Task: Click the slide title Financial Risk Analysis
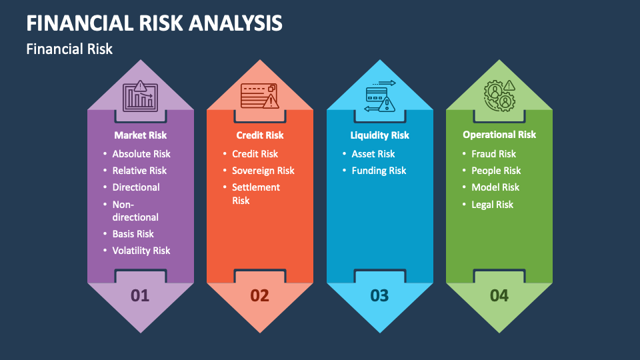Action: pyautogui.click(x=154, y=23)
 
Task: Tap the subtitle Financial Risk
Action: pyautogui.click(x=69, y=49)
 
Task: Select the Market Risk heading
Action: pyautogui.click(x=140, y=135)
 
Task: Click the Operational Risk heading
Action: pyautogui.click(x=499, y=135)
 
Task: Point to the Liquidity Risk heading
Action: pyautogui.click(x=379, y=135)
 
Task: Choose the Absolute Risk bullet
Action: pyautogui.click(x=141, y=154)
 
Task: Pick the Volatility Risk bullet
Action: pyautogui.click(x=141, y=251)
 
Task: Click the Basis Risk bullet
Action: pyautogui.click(x=133, y=234)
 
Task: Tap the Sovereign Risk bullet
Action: pyautogui.click(x=263, y=171)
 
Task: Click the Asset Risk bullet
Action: pyautogui.click(x=373, y=154)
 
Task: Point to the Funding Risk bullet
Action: pyautogui.click(x=379, y=171)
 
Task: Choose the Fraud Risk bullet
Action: pyautogui.click(x=493, y=154)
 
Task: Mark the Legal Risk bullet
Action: pyautogui.click(x=492, y=205)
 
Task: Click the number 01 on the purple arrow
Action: pyautogui.click(x=140, y=295)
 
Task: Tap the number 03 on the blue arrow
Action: pyautogui.click(x=379, y=295)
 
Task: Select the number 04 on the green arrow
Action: pyautogui.click(x=499, y=295)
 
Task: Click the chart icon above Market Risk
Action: pyautogui.click(x=140, y=97)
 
